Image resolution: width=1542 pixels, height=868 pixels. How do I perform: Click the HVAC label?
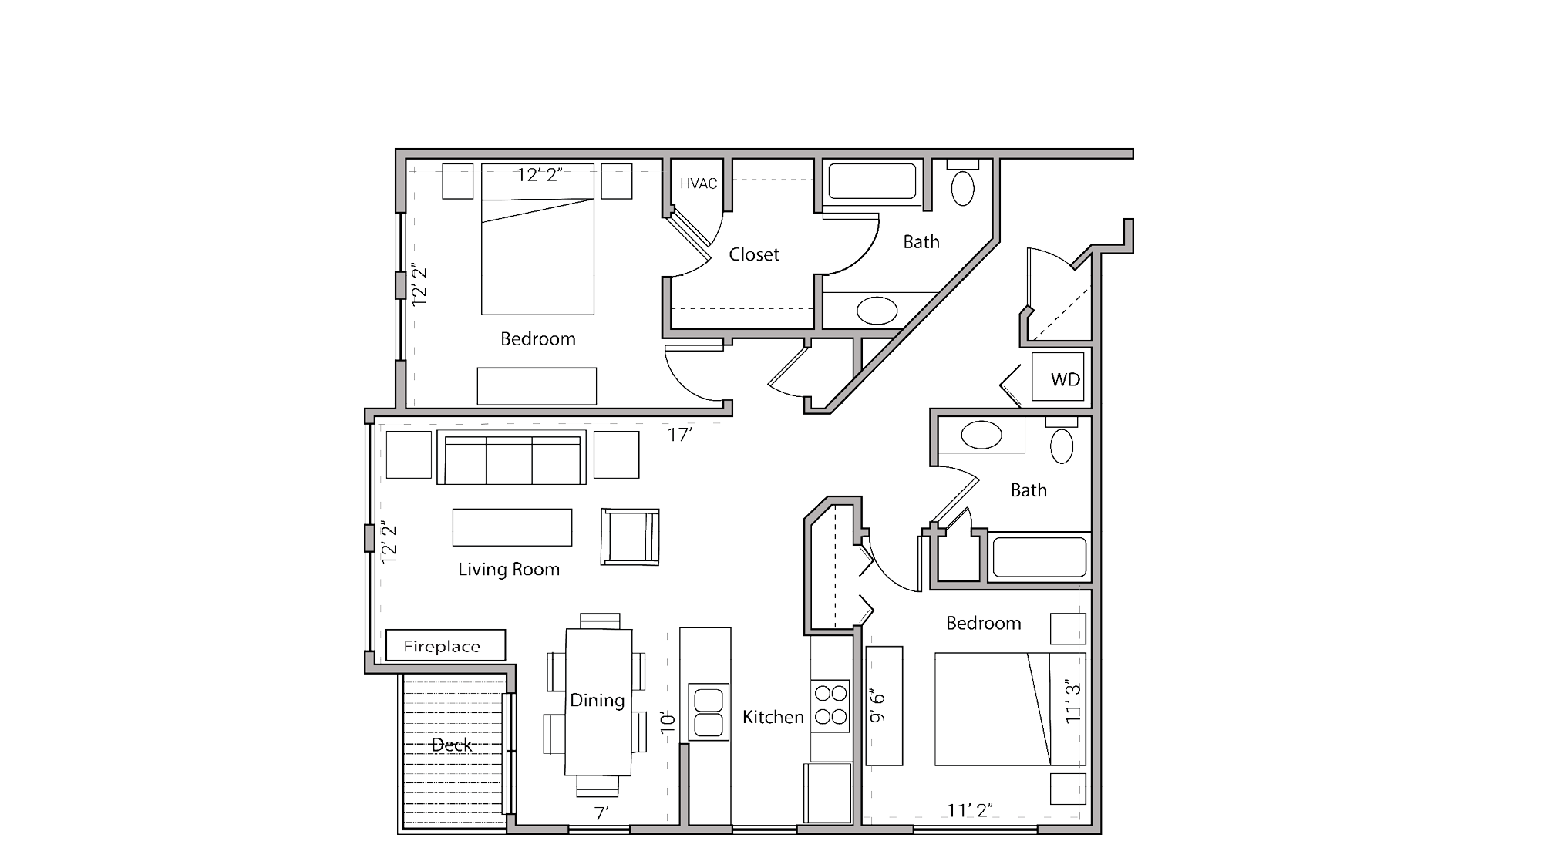pos(699,183)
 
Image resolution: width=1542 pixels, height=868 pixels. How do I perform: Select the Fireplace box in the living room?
pos(445,646)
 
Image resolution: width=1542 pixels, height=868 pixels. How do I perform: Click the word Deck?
pos(452,745)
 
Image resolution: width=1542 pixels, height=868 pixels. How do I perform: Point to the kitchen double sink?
pos(709,712)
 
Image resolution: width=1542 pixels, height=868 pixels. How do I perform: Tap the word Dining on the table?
pos(598,700)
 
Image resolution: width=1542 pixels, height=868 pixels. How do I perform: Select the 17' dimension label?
pos(679,436)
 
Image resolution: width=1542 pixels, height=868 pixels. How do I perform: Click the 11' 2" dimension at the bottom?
pos(969,810)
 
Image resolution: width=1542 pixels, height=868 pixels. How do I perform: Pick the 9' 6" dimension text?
pos(878,706)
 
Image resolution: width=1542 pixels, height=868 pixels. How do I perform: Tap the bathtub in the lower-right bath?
pos(1039,557)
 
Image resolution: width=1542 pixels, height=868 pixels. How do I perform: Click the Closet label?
pos(754,254)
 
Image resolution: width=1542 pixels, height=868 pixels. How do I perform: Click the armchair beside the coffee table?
pos(630,537)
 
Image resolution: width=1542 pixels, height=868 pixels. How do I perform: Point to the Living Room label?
pos(509,570)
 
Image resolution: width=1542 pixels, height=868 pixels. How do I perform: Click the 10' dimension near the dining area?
pos(668,722)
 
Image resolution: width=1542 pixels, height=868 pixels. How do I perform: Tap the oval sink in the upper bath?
pos(877,311)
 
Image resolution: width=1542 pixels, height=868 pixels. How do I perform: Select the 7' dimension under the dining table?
pos(601,812)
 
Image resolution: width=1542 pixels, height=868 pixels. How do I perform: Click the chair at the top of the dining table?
pos(600,621)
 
